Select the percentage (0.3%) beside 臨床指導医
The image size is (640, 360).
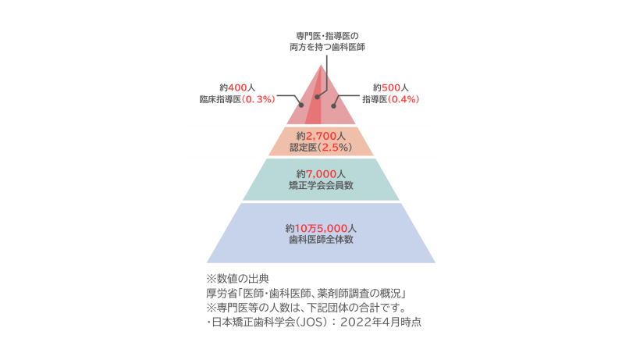260,100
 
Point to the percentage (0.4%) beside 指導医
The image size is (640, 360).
405,100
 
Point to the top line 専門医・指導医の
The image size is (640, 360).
320,35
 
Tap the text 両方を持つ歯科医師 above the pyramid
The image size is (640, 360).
321,47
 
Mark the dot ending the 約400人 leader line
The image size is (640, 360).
302,106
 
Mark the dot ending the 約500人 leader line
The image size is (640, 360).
334,105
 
